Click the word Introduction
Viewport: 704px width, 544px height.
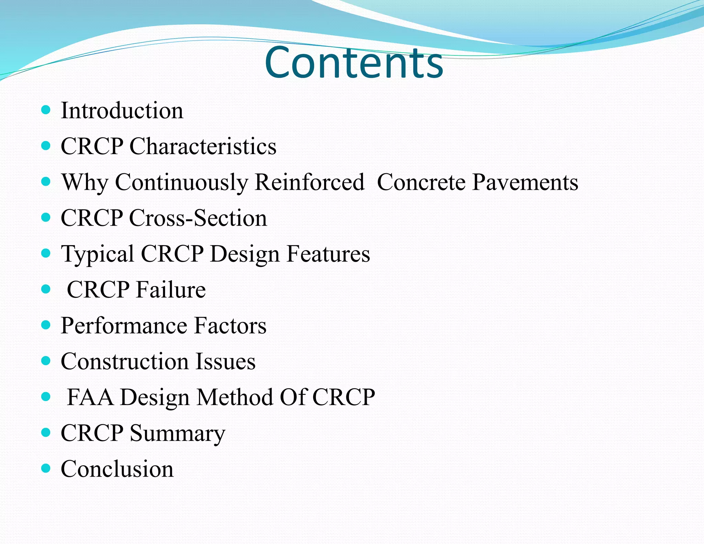pyautogui.click(x=122, y=111)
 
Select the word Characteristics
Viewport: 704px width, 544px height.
pyautogui.click(x=203, y=146)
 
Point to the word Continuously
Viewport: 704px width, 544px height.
pyautogui.click(x=181, y=182)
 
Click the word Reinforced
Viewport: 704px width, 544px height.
pyautogui.click(x=309, y=182)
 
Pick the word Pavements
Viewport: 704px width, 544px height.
pyautogui.click(x=525, y=182)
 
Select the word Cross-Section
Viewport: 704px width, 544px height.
pyautogui.click(x=198, y=218)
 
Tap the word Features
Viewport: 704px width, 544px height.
pyautogui.click(x=328, y=254)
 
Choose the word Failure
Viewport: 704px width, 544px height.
pyautogui.click(x=171, y=290)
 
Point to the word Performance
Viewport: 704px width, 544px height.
pyautogui.click(x=124, y=326)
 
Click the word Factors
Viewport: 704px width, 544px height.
pyautogui.click(x=230, y=326)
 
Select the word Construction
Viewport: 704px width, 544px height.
pyautogui.click(x=125, y=361)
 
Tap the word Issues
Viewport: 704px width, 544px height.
pyautogui.click(x=225, y=361)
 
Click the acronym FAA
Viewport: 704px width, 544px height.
pyautogui.click(x=90, y=397)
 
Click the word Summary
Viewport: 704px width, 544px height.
pyautogui.click(x=177, y=433)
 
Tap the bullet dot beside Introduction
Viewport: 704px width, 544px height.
pyautogui.click(x=46, y=110)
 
